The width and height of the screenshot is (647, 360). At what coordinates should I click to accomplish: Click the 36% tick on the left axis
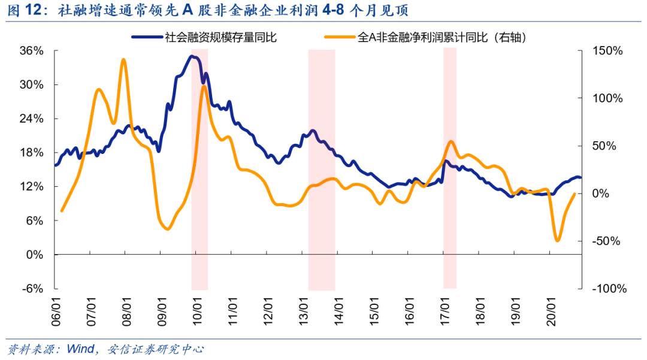tap(31, 51)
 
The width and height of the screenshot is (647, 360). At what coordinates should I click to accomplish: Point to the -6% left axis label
tap(31, 289)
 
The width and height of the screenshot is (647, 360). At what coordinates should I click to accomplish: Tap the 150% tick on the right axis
tap(607, 51)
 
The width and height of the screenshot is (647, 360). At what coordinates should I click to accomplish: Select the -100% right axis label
tap(609, 289)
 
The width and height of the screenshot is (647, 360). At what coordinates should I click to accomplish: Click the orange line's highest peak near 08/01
tap(123, 60)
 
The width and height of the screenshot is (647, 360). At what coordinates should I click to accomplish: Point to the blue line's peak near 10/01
tap(192, 56)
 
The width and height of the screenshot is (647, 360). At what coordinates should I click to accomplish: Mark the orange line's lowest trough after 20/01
tap(558, 240)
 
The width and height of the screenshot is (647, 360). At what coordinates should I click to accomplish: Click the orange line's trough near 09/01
tap(167, 229)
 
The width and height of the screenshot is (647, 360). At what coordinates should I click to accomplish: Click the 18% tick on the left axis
tap(31, 153)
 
